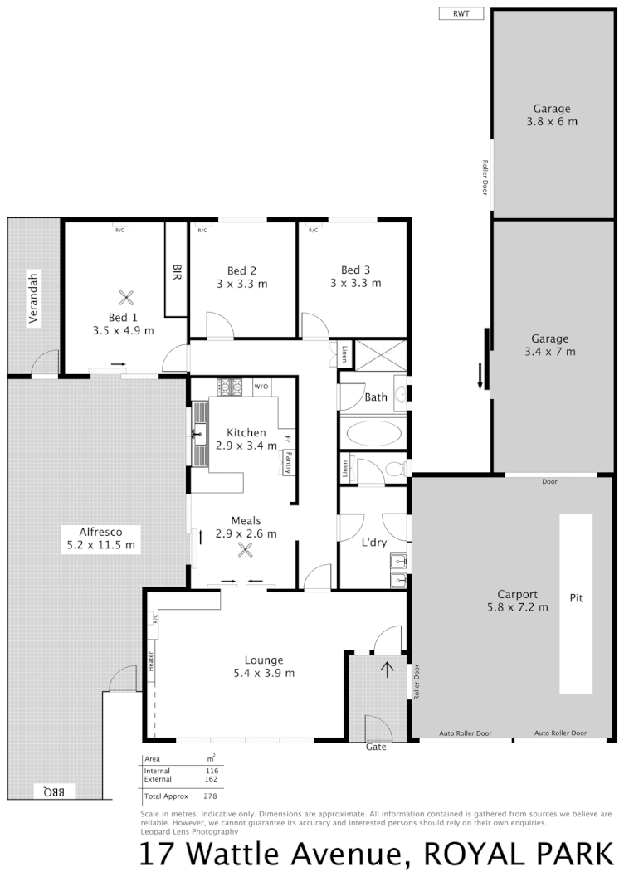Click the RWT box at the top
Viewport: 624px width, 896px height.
tap(460, 13)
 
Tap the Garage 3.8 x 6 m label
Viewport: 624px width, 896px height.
tap(551, 114)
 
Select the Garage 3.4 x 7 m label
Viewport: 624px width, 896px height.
tap(549, 344)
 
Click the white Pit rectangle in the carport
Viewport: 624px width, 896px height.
tap(576, 603)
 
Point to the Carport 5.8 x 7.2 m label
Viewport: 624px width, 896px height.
tap(517, 601)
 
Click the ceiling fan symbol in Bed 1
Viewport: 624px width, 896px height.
tap(125, 297)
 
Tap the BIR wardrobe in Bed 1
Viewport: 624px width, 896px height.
tap(176, 270)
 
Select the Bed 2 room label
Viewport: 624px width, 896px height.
tap(241, 276)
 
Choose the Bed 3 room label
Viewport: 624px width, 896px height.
tap(354, 276)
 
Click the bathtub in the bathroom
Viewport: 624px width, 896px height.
tap(372, 433)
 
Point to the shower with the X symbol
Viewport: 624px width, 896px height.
tap(382, 354)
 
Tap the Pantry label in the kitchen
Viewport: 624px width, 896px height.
tap(288, 462)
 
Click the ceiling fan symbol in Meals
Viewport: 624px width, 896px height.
tap(244, 549)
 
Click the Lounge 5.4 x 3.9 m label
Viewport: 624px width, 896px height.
tap(264, 666)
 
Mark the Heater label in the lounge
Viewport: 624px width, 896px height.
tap(152, 661)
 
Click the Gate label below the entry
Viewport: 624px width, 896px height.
tap(377, 747)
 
